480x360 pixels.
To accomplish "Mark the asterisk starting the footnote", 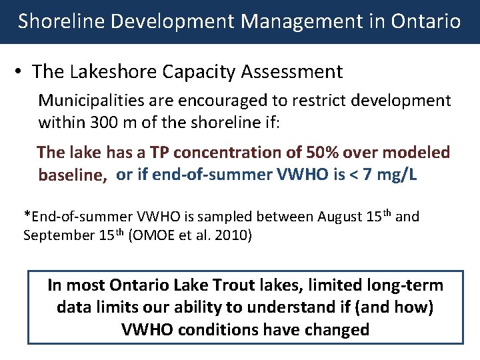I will coord(27,216).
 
